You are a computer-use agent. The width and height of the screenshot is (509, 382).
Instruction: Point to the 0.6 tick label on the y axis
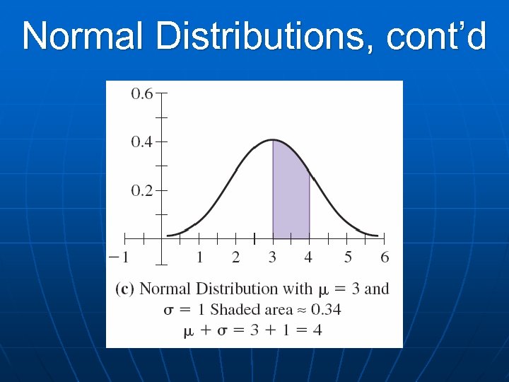coord(142,93)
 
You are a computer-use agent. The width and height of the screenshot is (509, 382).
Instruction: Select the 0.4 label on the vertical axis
coord(142,142)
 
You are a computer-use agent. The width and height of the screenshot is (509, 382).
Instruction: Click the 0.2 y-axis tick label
coord(142,191)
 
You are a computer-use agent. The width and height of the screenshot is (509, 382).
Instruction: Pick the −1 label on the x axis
coord(119,257)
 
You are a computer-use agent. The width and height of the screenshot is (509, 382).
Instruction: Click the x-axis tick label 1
coord(199,257)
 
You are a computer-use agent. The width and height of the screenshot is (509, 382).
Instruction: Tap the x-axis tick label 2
coord(236,257)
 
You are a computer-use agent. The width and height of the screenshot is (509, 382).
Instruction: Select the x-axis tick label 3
coord(273,257)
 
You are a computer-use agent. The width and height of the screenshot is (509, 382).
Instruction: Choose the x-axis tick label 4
coord(310,257)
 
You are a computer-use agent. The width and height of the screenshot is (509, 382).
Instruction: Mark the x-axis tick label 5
coord(348,257)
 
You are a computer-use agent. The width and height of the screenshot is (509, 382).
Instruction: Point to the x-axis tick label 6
coord(385,257)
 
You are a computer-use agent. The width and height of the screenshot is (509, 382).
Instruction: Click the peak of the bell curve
coord(273,140)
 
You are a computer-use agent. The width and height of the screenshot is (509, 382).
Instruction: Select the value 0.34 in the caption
coord(326,309)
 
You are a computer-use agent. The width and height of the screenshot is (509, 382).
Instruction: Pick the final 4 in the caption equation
coord(317,330)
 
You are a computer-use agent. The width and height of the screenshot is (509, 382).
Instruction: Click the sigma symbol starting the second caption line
coord(168,310)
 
